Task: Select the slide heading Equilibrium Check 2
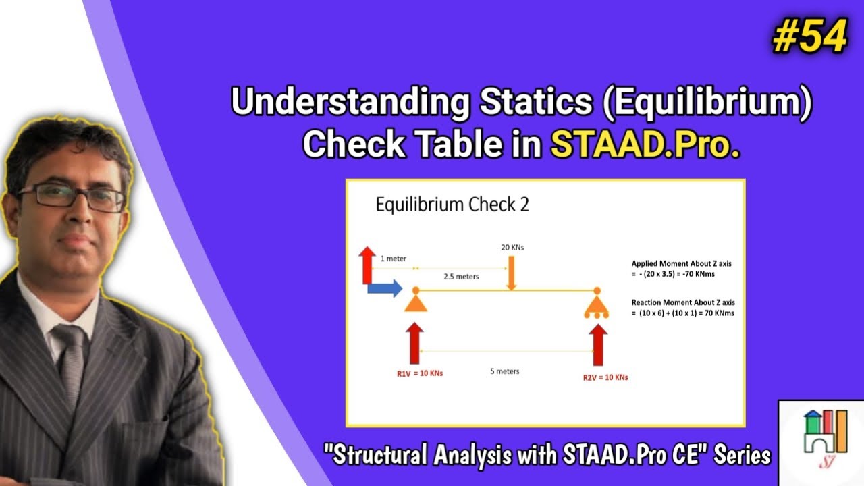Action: (452, 205)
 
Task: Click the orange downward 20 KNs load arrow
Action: (512, 273)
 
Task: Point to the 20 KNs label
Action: (512, 248)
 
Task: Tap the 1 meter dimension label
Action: (393, 259)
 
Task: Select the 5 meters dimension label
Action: (504, 371)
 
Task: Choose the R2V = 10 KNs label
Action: (605, 377)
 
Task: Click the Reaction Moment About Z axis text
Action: (683, 303)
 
